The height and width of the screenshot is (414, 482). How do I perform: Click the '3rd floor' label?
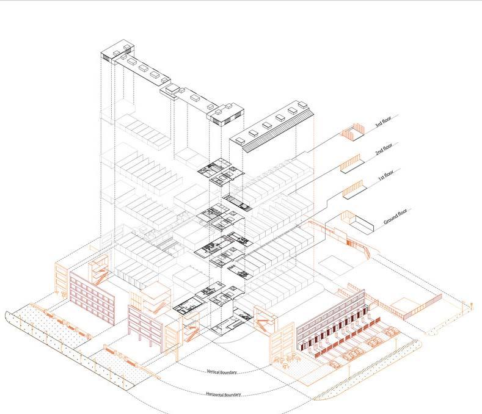[382, 125]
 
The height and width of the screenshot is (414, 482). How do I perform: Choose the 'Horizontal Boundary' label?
[224, 394]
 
